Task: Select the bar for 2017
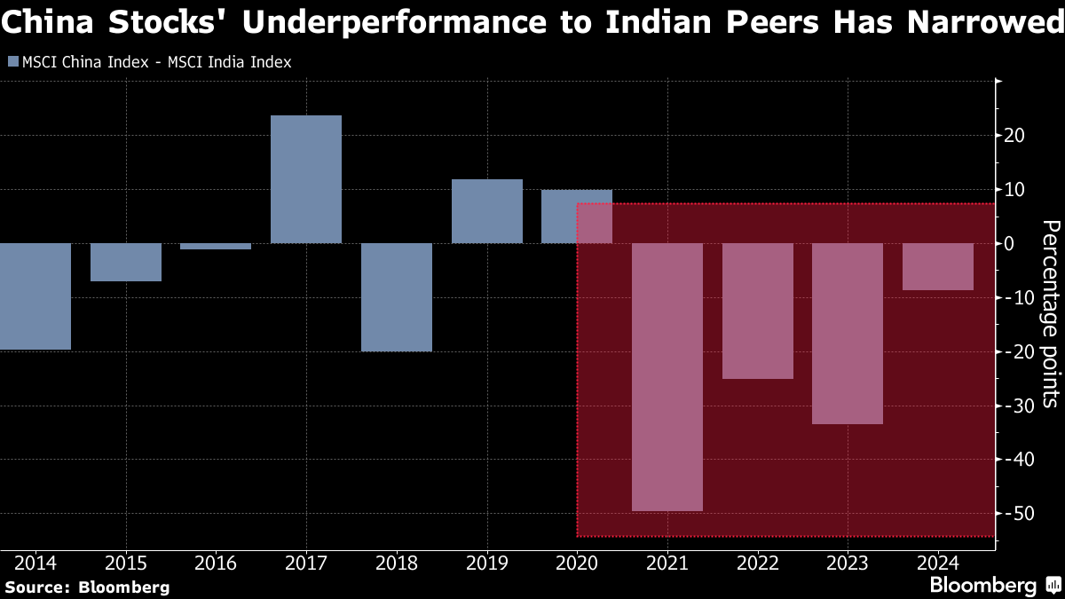306,179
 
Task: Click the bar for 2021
667,377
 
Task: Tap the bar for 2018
397,297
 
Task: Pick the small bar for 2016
216,246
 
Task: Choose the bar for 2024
938,266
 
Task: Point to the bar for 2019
487,211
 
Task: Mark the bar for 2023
848,334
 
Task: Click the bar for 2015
126,262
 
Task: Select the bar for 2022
758,311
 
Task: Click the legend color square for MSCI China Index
12,62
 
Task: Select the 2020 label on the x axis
577,564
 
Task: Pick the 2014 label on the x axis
35,564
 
